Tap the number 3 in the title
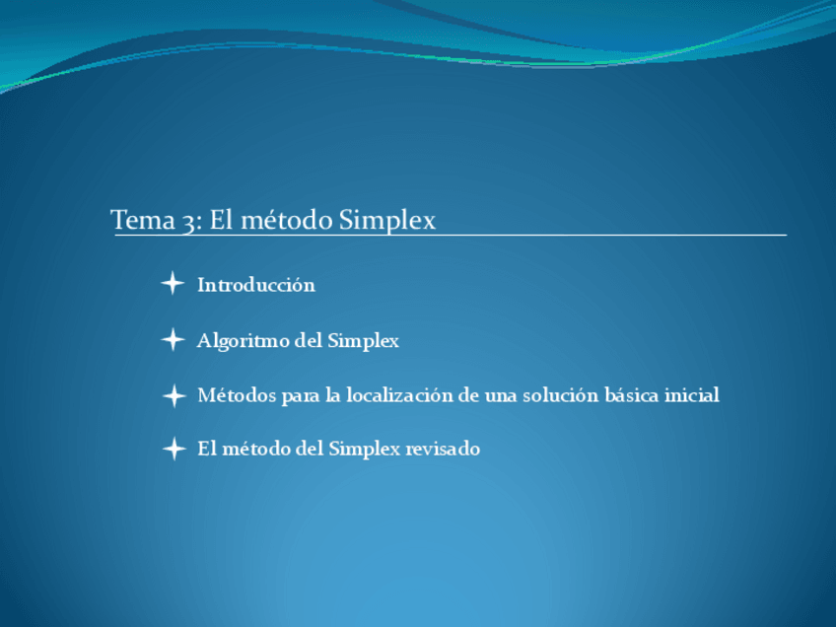188,220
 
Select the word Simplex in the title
386,220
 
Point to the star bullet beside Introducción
173,284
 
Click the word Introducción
256,285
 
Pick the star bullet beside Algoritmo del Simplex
173,340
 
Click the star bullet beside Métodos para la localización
174,396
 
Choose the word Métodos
237,395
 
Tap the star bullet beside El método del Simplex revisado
174,450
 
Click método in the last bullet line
256,449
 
